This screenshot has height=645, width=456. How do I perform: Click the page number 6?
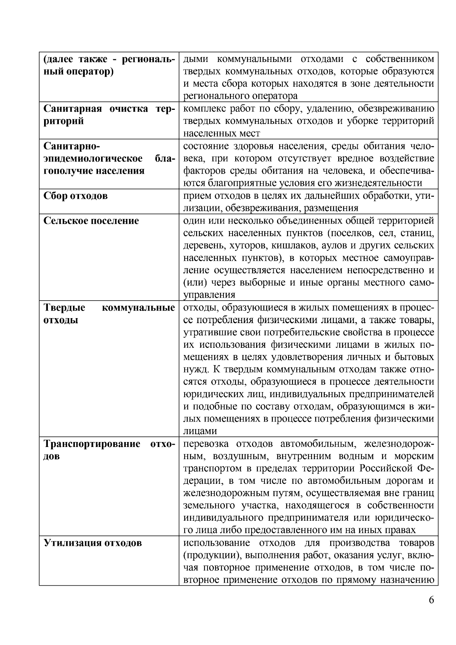point(431,600)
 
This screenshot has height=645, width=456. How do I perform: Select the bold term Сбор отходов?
point(76,196)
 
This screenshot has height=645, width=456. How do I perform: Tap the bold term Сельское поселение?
point(91,221)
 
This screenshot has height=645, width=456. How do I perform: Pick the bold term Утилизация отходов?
point(93,543)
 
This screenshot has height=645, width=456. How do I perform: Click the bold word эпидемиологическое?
point(93,158)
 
